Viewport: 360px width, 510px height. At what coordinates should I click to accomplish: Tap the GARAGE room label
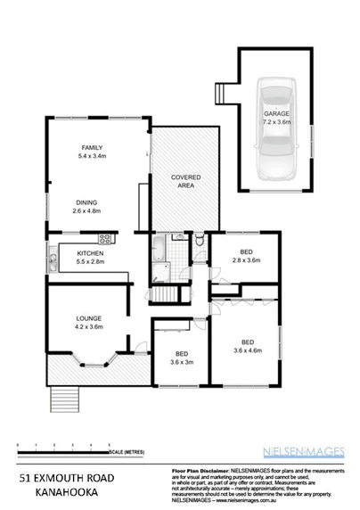pos(275,115)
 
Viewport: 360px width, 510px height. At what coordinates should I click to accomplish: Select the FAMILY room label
pos(92,147)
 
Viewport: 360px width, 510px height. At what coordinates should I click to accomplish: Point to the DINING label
pos(86,202)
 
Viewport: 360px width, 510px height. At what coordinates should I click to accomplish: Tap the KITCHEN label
pos(91,255)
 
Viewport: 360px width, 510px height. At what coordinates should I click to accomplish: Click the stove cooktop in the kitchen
pos(105,238)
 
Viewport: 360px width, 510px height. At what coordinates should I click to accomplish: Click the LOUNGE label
pos(87,318)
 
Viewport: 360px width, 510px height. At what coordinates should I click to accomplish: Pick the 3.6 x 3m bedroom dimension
pos(181,362)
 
